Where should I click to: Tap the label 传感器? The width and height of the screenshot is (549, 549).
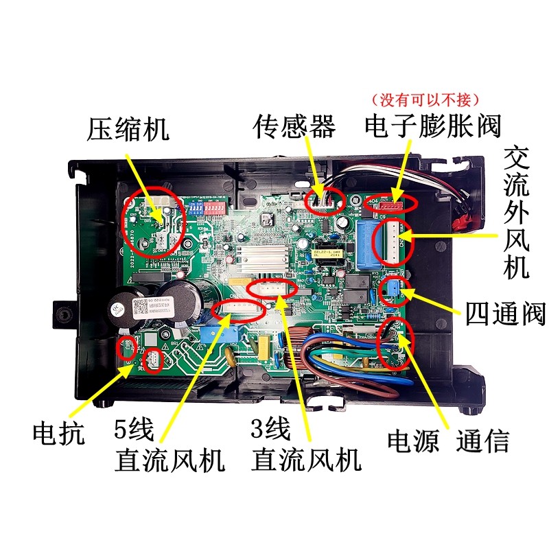tap(294, 126)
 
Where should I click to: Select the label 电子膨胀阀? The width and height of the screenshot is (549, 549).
tap(433, 126)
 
